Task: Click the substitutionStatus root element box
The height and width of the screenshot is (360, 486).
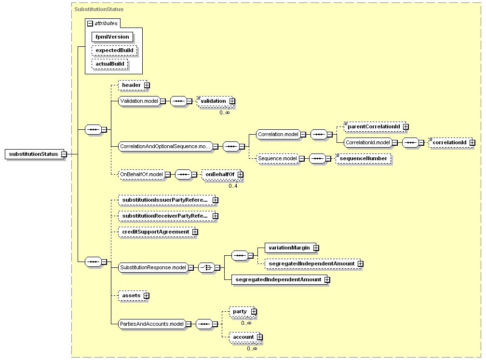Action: (34, 154)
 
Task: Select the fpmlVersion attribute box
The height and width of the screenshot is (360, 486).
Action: (112, 37)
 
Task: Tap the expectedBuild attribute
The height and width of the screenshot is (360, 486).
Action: (114, 50)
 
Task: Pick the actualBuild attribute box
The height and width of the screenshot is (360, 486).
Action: (110, 64)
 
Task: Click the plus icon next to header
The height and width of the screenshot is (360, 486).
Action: (147, 85)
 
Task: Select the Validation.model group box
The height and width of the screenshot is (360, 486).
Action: (139, 101)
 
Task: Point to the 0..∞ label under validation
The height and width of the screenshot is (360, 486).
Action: (225, 112)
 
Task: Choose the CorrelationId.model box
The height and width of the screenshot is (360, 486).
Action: (368, 142)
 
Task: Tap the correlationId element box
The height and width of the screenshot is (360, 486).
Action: (451, 142)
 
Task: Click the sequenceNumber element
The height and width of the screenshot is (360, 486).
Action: (364, 158)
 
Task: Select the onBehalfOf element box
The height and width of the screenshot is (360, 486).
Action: (221, 174)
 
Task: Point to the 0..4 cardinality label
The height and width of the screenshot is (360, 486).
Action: (233, 186)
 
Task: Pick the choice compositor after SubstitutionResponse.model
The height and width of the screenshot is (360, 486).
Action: (207, 267)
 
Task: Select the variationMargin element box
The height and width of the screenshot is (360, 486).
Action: (291, 248)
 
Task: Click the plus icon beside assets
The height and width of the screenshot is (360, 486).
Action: (146, 295)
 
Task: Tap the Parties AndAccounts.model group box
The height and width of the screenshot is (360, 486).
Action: (152, 324)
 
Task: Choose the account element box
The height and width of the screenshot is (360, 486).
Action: (244, 337)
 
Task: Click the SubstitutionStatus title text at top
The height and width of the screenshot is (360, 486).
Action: (99, 9)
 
